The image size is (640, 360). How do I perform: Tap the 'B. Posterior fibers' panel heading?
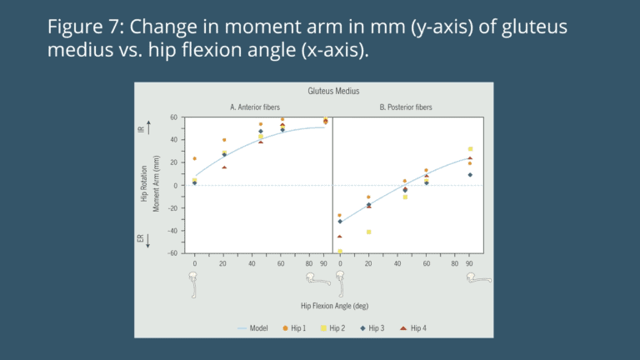tap(406, 107)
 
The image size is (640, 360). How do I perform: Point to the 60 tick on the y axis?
tap(174, 117)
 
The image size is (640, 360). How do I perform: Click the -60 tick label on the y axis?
tap(172, 253)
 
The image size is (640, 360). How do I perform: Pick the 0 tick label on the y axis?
tap(176, 186)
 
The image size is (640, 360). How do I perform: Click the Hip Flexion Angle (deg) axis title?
tap(332, 305)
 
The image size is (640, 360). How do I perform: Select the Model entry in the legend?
tap(258, 328)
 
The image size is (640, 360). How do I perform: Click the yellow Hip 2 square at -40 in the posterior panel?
tap(368, 232)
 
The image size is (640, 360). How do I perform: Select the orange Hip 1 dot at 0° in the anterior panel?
tap(195, 158)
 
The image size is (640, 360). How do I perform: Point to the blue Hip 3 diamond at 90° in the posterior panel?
tap(470, 174)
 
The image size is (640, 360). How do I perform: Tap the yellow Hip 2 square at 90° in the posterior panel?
tap(470, 149)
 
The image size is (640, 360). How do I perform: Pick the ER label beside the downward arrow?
tap(141, 240)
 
